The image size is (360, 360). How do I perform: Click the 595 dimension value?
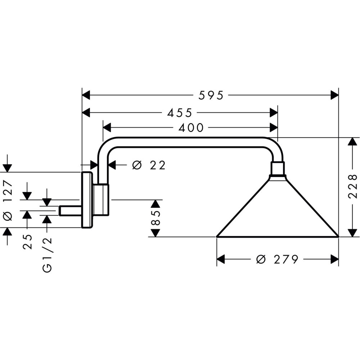(x=211, y=95)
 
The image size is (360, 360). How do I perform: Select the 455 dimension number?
(x=179, y=113)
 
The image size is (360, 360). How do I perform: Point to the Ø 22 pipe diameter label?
(x=149, y=165)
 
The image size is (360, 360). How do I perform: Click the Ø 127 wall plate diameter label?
(x=8, y=200)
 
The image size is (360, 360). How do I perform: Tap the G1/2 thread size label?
(x=47, y=255)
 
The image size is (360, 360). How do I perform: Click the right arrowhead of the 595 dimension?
(x=335, y=95)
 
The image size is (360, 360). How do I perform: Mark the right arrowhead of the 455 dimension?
(x=274, y=113)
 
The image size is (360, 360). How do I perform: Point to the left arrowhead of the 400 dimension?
(x=107, y=127)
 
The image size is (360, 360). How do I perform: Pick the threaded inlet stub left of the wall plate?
(x=71, y=211)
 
